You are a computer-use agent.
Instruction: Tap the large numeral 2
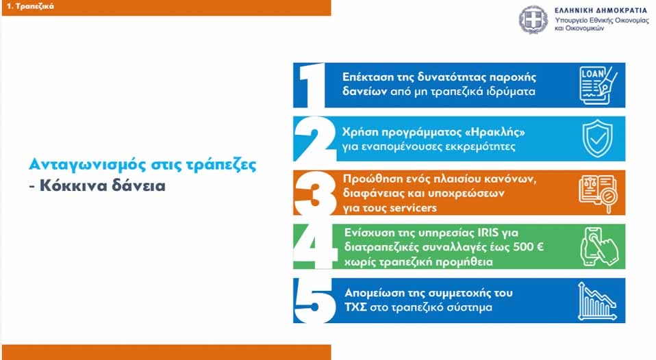click(314, 139)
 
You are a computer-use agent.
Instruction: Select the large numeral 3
click(314, 193)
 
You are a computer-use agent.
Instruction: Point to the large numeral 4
click(314, 246)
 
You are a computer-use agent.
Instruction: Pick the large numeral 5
click(314, 300)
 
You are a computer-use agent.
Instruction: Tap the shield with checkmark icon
click(597, 138)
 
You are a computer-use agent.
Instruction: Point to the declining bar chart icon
click(597, 301)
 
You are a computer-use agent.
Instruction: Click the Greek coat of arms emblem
click(533, 20)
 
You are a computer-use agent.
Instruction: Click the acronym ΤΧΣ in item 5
click(355, 307)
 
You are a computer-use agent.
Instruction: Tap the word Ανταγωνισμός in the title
click(88, 165)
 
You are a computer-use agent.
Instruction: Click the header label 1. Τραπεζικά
click(30, 6)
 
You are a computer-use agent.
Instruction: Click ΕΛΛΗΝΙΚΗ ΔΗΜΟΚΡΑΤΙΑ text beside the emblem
click(601, 10)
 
